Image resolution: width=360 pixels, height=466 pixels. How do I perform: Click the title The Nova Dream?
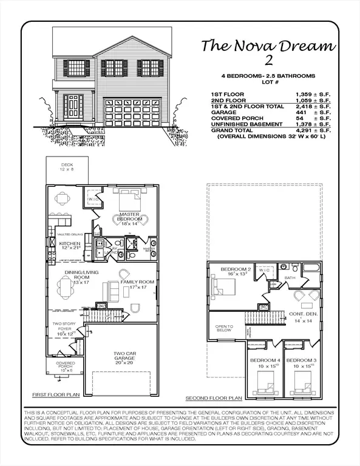click(x=267, y=46)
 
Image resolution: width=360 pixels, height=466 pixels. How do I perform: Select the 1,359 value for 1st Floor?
click(x=308, y=95)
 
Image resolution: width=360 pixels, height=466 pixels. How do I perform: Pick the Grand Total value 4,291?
click(x=308, y=130)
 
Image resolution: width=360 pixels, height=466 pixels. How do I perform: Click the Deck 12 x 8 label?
click(x=66, y=169)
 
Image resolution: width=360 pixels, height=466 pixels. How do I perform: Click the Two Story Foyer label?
click(x=64, y=329)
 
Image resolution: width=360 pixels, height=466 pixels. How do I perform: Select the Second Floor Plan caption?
click(x=214, y=399)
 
